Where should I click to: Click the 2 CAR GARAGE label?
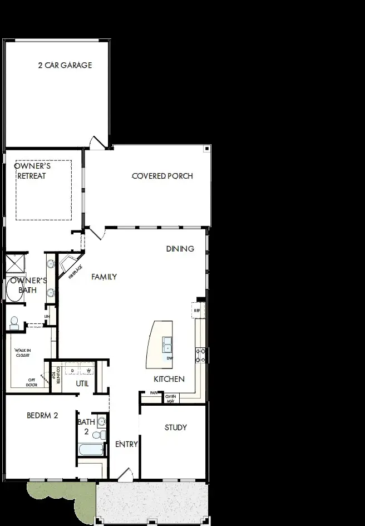(65, 65)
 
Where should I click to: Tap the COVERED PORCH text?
(162, 176)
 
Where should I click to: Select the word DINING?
(180, 249)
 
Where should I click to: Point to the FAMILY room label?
(104, 277)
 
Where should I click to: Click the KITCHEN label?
(169, 379)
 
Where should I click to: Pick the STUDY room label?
(175, 427)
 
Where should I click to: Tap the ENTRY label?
(126, 444)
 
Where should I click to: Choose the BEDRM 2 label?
(42, 415)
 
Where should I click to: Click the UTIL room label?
(82, 384)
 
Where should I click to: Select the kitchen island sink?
(167, 345)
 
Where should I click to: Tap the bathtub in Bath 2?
(90, 450)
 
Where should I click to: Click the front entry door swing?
(125, 474)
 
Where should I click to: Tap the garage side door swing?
(97, 143)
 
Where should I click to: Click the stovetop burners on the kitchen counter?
(201, 355)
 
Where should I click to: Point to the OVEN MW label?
(170, 398)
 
